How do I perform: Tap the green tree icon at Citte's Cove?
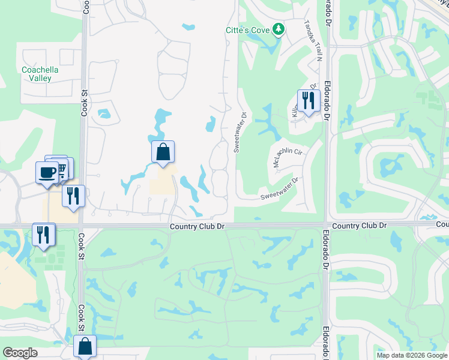click(278, 28)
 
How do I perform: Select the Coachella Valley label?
click(40, 74)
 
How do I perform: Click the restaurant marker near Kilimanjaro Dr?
click(307, 100)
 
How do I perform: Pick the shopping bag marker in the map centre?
click(163, 152)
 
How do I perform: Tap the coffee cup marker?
click(47, 173)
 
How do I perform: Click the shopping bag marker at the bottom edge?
click(85, 347)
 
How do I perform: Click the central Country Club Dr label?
click(197, 226)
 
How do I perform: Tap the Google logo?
click(20, 353)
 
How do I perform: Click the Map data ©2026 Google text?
click(411, 355)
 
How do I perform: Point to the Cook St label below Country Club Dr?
click(81, 318)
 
